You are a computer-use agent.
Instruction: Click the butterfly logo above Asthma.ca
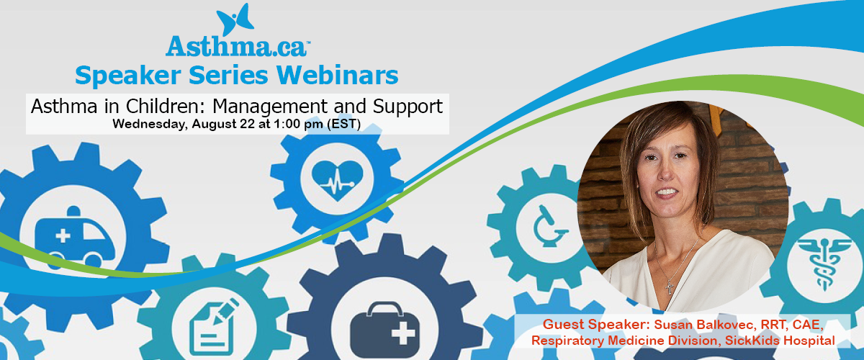[x=235, y=19]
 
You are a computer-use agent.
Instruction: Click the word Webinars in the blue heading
[x=337, y=75]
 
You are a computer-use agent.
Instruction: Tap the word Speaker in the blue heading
[x=128, y=76]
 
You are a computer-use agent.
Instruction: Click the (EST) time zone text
[x=343, y=125]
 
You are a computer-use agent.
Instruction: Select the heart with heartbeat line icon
[x=337, y=181]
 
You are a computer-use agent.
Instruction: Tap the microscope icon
[x=549, y=226]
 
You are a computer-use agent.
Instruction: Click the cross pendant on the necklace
[x=670, y=287]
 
